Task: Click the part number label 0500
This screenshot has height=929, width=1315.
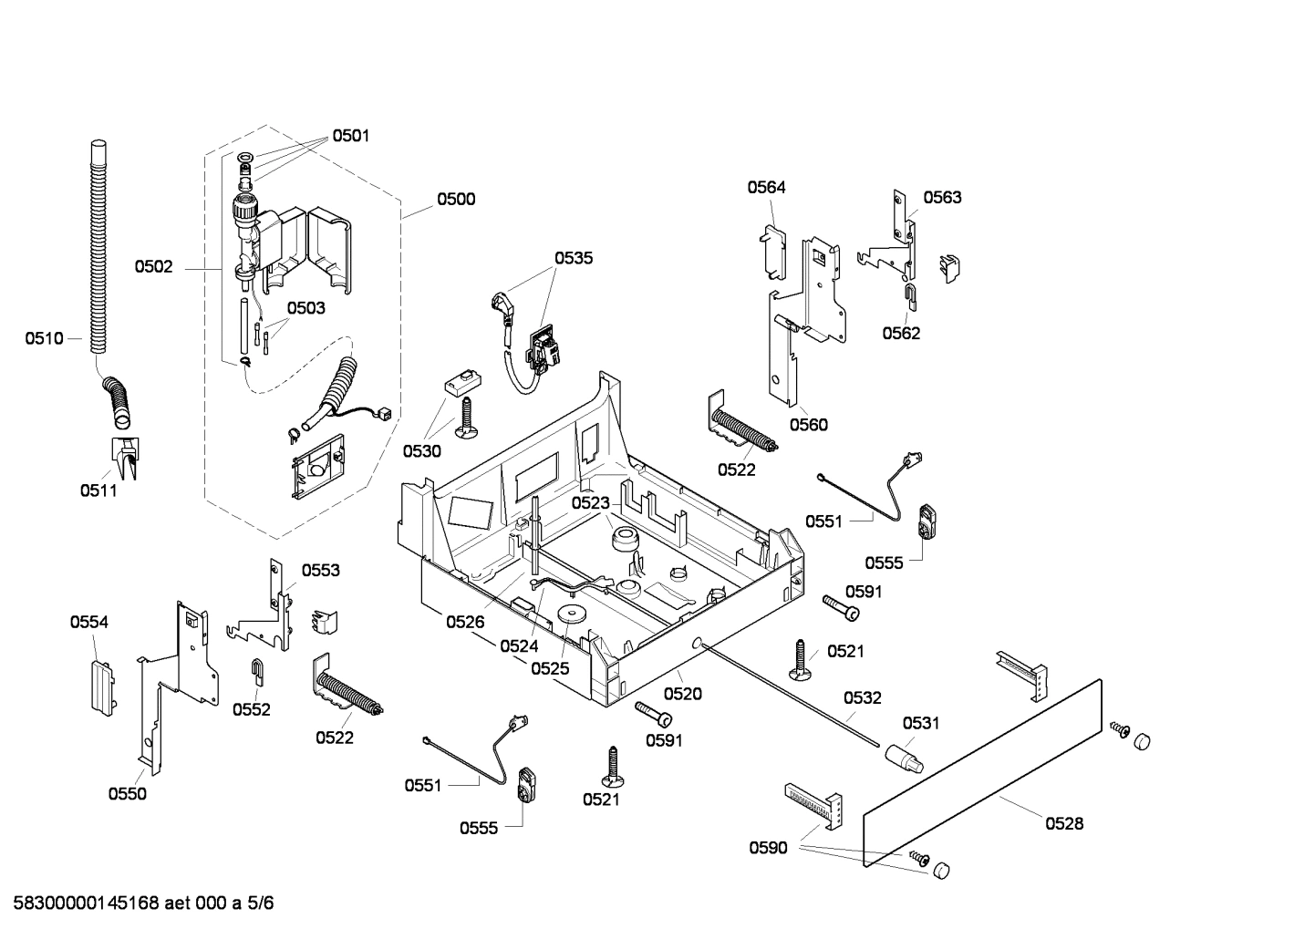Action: tap(455, 200)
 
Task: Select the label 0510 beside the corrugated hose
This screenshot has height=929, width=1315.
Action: tap(44, 339)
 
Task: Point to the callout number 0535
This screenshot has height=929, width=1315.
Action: tap(574, 258)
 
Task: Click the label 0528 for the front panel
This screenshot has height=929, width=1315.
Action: tap(1064, 824)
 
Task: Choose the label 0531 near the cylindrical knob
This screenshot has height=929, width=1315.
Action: tap(921, 723)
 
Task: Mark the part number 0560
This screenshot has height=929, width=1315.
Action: tap(808, 425)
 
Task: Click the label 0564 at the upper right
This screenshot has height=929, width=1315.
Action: tap(766, 188)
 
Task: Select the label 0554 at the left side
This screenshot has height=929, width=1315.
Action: tap(89, 623)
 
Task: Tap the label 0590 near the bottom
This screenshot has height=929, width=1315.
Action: tap(768, 849)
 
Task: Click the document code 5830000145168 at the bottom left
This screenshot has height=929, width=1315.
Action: tap(86, 904)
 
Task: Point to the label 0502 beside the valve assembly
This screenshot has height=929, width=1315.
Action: tap(153, 267)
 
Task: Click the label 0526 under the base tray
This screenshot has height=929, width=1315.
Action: tap(465, 623)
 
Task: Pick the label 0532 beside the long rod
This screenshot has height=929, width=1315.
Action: tap(862, 698)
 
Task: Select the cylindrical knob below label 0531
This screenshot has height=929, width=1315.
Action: tap(900, 757)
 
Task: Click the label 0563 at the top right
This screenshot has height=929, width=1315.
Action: tap(942, 198)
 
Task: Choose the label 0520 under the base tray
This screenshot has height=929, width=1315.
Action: tap(683, 694)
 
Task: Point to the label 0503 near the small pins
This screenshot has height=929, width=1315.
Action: tap(305, 308)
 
